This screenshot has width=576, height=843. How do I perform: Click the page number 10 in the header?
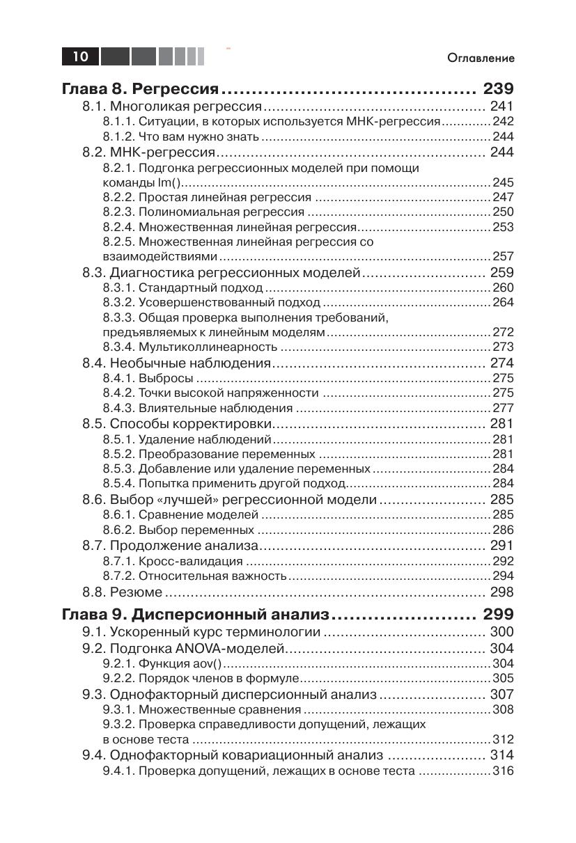click(x=80, y=56)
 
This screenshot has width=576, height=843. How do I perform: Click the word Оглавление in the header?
click(x=481, y=58)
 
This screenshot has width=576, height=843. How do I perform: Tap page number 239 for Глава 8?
click(x=497, y=89)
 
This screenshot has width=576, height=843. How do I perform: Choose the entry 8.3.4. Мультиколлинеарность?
click(x=190, y=347)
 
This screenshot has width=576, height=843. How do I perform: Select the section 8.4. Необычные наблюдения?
click(x=176, y=363)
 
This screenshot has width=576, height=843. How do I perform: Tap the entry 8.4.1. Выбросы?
click(x=148, y=379)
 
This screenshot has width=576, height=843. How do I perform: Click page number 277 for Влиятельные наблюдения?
click(x=503, y=409)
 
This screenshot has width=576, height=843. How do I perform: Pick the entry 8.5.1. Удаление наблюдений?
click(x=187, y=440)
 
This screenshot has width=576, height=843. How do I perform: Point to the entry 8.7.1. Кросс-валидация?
click(x=173, y=561)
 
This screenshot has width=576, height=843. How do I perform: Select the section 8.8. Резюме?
click(x=123, y=592)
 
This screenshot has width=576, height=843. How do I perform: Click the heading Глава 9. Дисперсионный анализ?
click(x=194, y=615)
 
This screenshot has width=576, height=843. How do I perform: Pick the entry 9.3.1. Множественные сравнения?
click(x=202, y=710)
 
